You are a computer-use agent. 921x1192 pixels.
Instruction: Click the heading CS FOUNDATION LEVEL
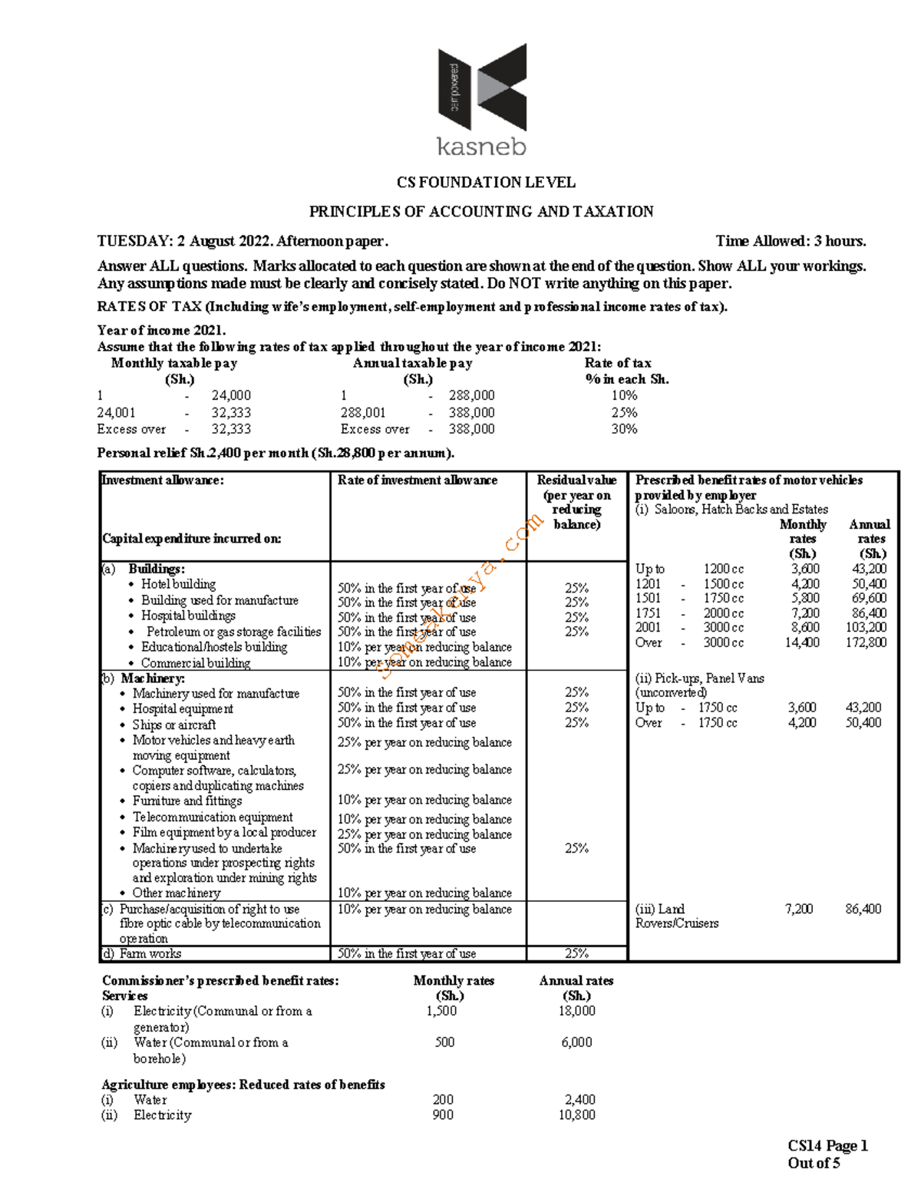485,183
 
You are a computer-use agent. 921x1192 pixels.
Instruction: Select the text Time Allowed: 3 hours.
791,241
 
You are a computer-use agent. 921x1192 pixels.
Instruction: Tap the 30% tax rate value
624,429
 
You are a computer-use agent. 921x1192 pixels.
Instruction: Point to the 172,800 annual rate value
866,642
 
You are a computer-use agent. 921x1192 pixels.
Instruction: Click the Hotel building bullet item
178,584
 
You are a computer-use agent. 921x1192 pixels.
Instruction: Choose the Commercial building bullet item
195,663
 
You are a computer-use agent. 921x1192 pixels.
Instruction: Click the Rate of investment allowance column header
418,480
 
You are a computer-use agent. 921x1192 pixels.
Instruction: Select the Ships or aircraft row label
174,725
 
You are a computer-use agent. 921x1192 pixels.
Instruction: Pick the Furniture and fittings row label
187,801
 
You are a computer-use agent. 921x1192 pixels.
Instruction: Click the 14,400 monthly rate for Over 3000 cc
801,642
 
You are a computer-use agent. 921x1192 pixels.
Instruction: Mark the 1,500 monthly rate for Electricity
441,1011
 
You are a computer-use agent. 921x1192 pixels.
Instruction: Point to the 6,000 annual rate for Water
576,1042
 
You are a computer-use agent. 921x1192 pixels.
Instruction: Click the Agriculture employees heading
243,1085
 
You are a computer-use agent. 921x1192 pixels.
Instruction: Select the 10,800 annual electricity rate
576,1115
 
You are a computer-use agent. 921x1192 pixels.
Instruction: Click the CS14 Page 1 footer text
827,1146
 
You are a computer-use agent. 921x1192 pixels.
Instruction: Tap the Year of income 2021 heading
161,330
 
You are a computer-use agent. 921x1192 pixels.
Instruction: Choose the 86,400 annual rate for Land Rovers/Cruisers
863,909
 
